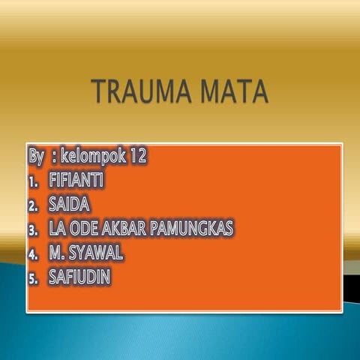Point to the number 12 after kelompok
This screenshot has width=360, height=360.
pyautogui.click(x=138, y=157)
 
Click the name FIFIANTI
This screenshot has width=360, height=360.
pyautogui.click(x=77, y=181)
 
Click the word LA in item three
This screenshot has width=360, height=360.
pyautogui.click(x=57, y=228)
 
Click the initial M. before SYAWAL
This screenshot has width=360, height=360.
pyautogui.click(x=57, y=253)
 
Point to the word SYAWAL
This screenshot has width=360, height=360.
pyautogui.click(x=96, y=253)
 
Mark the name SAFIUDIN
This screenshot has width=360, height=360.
pyautogui.click(x=79, y=277)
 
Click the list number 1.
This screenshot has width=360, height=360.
pyautogui.click(x=32, y=181)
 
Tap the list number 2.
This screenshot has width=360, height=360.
pyautogui.click(x=33, y=205)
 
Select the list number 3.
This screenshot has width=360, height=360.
pyautogui.click(x=33, y=229)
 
